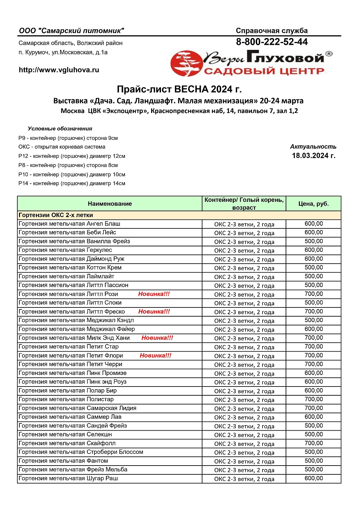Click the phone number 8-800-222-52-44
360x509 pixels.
[272, 42]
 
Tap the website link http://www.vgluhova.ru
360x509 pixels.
[59, 70]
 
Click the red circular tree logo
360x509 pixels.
[186, 63]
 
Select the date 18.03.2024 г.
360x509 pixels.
[313, 156]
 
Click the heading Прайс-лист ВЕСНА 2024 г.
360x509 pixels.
[179, 89]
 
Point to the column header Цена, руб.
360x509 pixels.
[313, 204]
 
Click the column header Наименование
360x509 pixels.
[110, 204]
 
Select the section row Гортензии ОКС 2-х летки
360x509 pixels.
[56, 215]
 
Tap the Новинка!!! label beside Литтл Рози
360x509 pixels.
[154, 294]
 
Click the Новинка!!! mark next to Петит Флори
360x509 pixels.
[156, 356]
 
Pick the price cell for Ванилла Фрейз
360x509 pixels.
[313, 241]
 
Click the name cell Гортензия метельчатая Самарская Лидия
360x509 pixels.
[77, 408]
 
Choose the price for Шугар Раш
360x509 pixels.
[313, 478]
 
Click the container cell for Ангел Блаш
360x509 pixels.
[244, 224]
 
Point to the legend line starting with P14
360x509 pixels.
[72, 184]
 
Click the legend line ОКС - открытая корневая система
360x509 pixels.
[62, 147]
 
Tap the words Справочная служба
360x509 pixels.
[272, 31]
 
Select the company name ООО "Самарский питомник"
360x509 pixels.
[72, 31]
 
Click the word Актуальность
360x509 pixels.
[313, 147]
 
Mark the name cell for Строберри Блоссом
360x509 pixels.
[81, 452]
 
